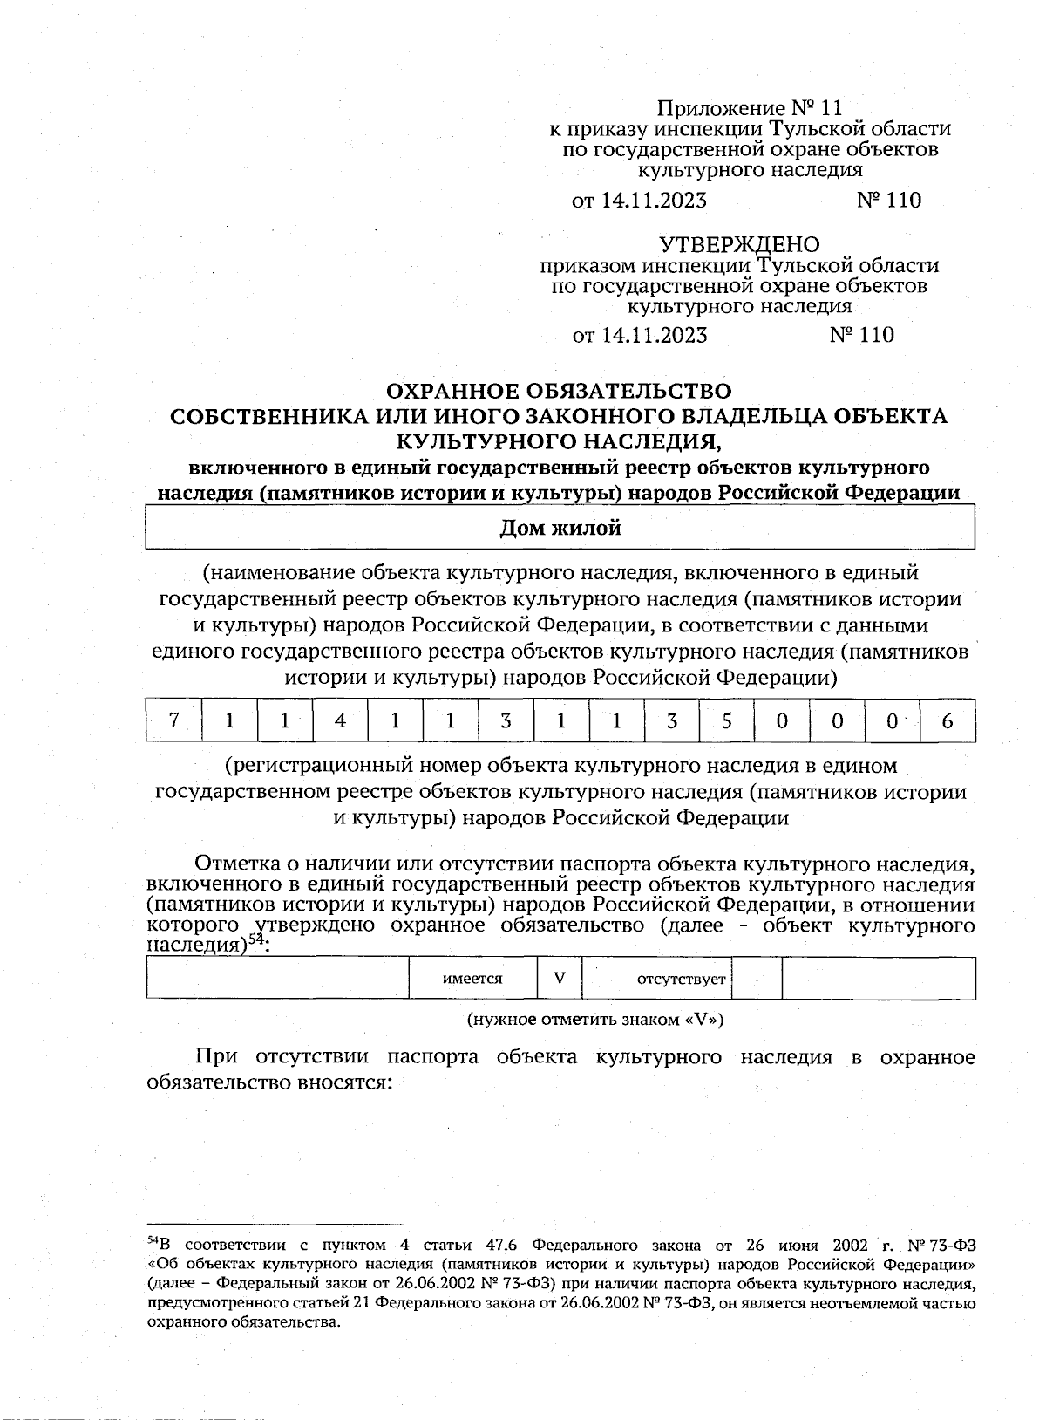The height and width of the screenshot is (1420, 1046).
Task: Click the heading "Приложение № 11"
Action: [750, 108]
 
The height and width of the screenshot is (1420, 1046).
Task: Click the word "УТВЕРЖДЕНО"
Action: [739, 244]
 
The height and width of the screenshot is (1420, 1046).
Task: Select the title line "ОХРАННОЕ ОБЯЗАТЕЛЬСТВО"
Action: [559, 391]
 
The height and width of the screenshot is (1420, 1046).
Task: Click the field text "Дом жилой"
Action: [560, 529]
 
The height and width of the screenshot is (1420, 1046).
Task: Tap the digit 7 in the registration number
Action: [173, 720]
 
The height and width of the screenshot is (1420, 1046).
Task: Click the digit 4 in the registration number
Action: [340, 720]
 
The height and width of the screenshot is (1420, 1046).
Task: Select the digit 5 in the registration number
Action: [726, 720]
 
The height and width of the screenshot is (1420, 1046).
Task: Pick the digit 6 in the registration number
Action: [948, 720]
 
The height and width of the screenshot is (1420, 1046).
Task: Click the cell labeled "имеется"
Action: [472, 979]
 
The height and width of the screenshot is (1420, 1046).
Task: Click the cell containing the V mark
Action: [559, 979]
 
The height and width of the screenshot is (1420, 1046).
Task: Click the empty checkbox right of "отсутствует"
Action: [757, 979]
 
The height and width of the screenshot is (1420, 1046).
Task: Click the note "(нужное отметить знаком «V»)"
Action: [595, 1019]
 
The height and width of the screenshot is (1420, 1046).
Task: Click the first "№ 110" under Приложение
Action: [888, 201]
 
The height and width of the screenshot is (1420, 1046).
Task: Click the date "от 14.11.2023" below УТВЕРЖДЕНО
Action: [639, 336]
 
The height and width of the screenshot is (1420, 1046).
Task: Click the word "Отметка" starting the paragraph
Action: [235, 864]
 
